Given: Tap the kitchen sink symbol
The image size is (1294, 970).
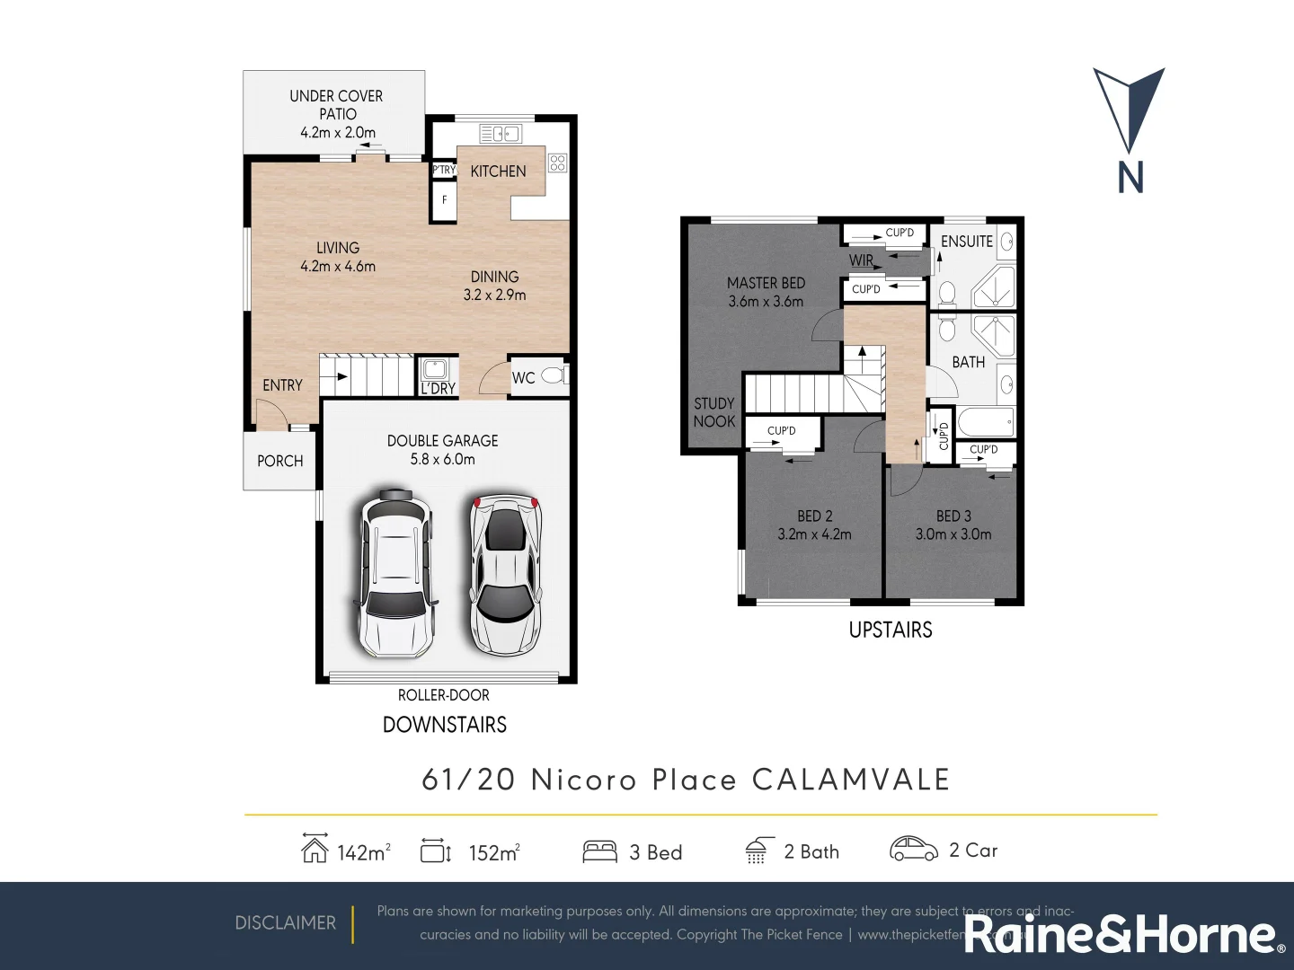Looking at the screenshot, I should [x=500, y=134].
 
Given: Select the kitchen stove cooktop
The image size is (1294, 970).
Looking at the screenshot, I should [x=557, y=163].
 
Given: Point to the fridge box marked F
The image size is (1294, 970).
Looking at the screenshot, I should [x=444, y=200].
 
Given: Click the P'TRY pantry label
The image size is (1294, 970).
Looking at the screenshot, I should [x=444, y=170].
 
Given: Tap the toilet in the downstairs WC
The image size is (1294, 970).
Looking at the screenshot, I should [x=554, y=375].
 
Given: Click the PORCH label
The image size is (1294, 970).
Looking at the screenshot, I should [x=279, y=461].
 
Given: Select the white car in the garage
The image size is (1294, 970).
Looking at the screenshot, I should [x=396, y=572].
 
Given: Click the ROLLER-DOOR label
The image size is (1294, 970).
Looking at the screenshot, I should [x=444, y=695].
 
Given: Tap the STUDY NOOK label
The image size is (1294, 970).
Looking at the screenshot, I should [x=714, y=412].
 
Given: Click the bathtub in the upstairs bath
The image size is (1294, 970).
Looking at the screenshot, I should [x=985, y=422].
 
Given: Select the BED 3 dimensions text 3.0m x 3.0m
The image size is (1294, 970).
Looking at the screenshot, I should [x=953, y=534].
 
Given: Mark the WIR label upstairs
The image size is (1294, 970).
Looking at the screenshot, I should [x=861, y=260].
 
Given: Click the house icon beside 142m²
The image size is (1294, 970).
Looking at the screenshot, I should [x=314, y=849].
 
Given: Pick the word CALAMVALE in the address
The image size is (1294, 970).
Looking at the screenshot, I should [x=850, y=780].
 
